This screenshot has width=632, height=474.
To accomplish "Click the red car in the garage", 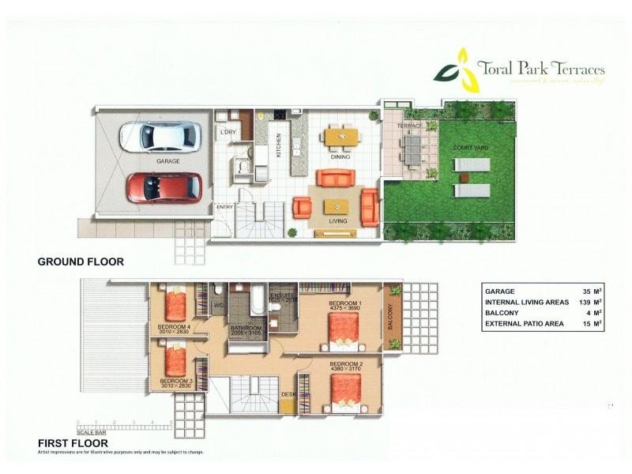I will (x=164, y=188).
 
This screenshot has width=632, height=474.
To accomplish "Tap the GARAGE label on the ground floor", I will (x=167, y=161).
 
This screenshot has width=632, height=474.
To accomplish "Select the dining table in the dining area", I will (x=341, y=137).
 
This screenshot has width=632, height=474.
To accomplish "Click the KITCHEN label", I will (x=278, y=146).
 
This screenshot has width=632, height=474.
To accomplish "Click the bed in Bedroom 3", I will (x=175, y=360).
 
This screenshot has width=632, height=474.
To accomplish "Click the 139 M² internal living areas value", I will (x=586, y=302).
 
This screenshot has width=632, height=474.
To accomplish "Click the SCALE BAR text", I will (x=92, y=433).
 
